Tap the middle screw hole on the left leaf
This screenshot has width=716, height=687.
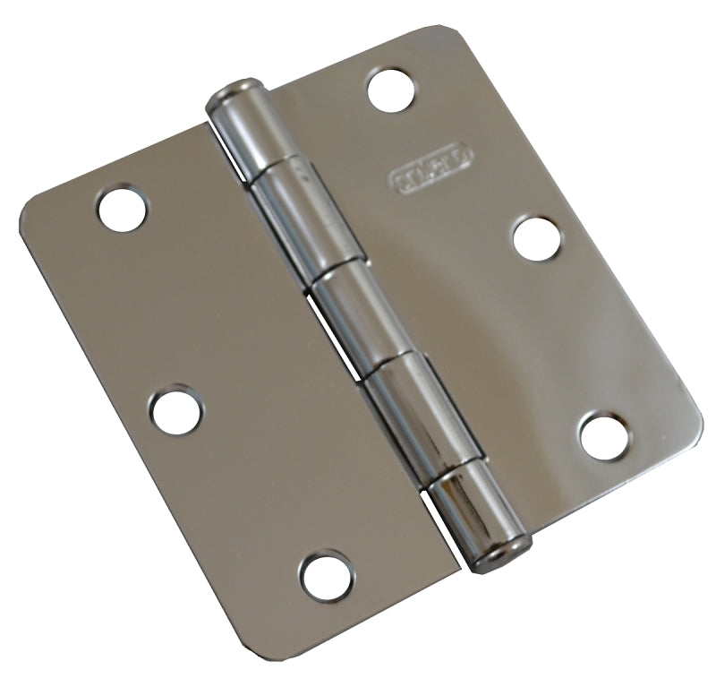(175, 411)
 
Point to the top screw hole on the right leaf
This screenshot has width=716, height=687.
(391, 90)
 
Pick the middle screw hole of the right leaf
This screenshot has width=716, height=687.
(538, 238)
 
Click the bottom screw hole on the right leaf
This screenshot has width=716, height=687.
(605, 435)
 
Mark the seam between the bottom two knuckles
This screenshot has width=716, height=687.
(443, 462)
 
